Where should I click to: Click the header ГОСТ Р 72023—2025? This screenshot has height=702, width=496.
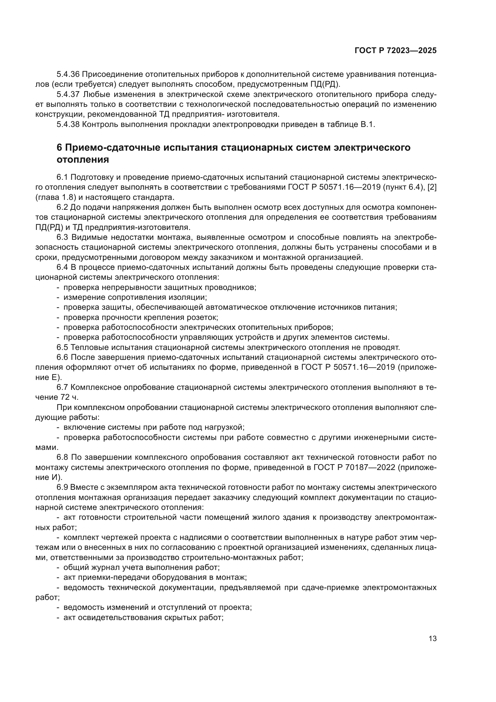(396, 51)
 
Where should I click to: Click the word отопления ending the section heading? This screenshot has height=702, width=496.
(83, 160)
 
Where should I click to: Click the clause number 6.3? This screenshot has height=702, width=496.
(63, 237)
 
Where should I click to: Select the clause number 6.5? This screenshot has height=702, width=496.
(63, 347)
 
